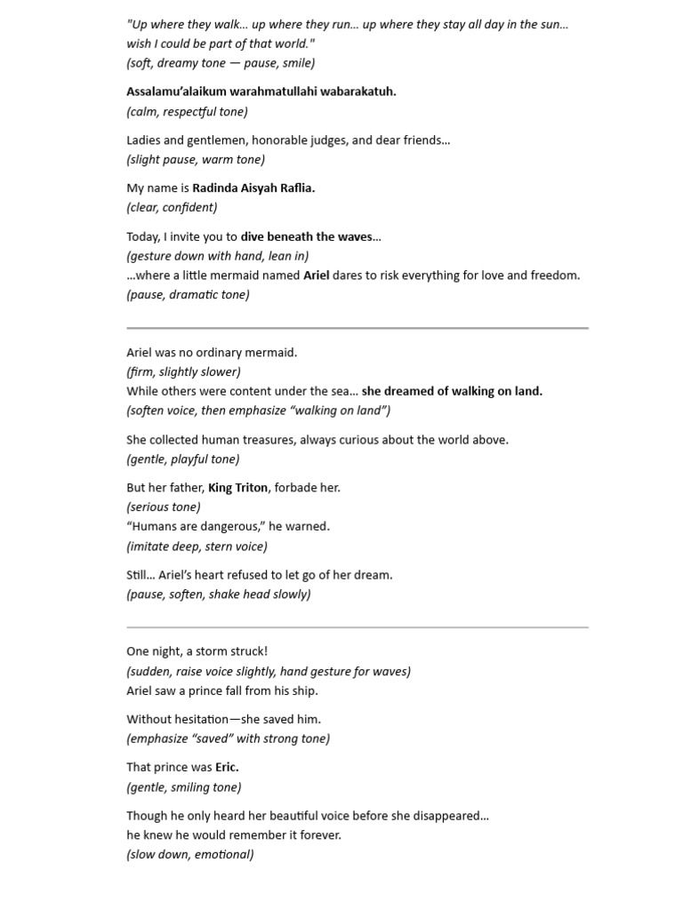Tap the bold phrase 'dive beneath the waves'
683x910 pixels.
point(306,237)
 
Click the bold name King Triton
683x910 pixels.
point(237,488)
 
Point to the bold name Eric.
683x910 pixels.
point(227,768)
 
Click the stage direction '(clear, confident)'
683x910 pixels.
point(172,208)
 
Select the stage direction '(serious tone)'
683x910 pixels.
point(164,507)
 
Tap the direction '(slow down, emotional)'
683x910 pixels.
point(190,855)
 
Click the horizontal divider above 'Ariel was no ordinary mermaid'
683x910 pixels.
point(358,328)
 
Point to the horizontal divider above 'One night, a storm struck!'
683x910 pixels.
point(358,627)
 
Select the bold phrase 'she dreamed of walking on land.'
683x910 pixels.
point(452,391)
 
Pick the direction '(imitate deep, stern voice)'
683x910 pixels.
point(197,547)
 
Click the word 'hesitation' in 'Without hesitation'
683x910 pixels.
point(202,720)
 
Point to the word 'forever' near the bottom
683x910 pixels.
point(321,835)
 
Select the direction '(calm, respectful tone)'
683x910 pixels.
point(187,112)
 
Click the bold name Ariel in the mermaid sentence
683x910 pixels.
point(316,275)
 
